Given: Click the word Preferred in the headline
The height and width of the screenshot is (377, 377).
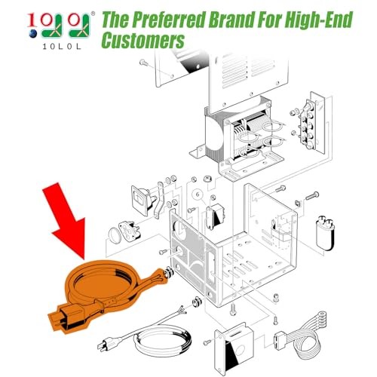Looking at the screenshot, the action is (167, 20).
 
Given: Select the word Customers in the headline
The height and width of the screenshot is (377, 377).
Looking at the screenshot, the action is (143, 40).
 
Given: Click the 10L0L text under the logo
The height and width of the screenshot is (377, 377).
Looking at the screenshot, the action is (62, 47).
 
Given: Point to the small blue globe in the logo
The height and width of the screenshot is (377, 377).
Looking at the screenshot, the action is (33, 34).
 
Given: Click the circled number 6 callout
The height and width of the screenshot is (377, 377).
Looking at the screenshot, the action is (198, 195).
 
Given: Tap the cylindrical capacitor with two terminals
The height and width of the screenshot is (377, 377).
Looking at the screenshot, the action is (326, 232).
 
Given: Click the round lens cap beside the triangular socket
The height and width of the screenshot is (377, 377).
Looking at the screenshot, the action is (115, 235).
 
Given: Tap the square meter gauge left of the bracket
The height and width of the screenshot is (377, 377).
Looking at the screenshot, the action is (141, 200).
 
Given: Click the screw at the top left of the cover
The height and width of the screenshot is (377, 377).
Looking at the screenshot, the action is (144, 62).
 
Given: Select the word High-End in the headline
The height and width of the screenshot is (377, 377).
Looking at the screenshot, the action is (319, 20).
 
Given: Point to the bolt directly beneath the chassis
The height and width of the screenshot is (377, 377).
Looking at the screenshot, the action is (233, 310).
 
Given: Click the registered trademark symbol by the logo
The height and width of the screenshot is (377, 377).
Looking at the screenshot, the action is (93, 14).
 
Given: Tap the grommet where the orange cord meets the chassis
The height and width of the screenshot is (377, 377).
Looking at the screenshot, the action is (169, 273).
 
